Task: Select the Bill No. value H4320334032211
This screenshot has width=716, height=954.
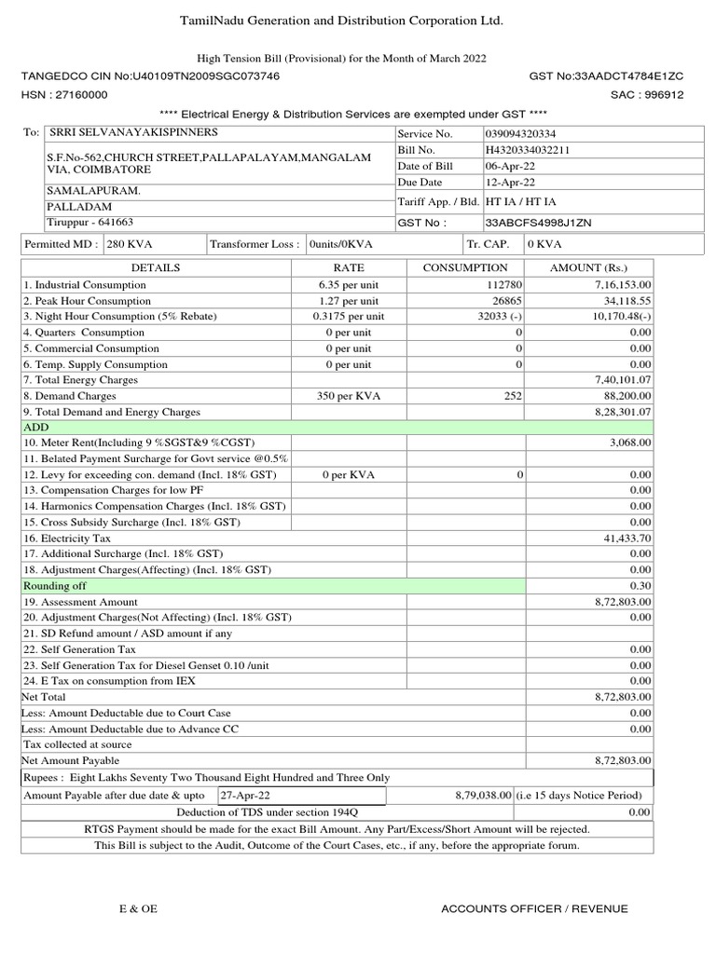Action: tap(528, 150)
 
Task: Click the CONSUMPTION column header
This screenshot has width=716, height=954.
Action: tap(465, 267)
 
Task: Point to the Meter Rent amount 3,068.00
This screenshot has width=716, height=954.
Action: tap(629, 443)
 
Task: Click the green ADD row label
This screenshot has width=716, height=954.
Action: tap(35, 427)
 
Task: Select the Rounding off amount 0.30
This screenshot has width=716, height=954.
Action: tap(640, 585)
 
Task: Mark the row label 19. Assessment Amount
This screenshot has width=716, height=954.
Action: tap(80, 601)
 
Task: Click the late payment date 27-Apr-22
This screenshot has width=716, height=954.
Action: tap(245, 795)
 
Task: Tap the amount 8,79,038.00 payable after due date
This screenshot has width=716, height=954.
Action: tap(483, 795)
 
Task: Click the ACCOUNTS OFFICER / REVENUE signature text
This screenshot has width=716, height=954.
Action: tap(534, 908)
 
